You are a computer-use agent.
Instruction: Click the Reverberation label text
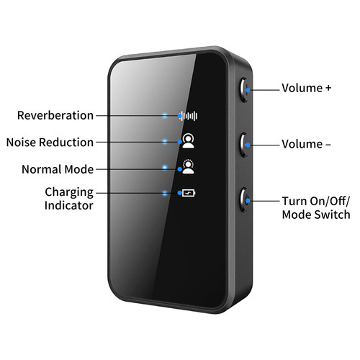[x=55, y=115]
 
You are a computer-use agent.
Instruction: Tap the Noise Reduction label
[x=50, y=143]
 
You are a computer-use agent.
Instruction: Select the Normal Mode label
[x=58, y=169]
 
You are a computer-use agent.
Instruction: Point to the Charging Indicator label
[x=69, y=199]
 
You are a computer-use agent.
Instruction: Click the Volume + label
[x=307, y=88]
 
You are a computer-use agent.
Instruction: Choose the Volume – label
[x=306, y=144]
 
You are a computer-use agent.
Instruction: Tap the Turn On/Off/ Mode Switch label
[x=316, y=208]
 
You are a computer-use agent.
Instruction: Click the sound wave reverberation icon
[x=189, y=116]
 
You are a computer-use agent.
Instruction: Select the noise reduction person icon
[x=188, y=141]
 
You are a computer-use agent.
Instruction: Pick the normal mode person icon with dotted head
[x=188, y=166]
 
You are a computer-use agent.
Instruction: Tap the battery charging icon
[x=189, y=193]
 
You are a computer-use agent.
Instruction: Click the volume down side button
[x=244, y=145]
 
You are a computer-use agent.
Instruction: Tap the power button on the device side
[x=244, y=199]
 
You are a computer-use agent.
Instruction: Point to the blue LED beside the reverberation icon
[x=165, y=116]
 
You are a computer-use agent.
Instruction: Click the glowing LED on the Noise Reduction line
[x=165, y=142]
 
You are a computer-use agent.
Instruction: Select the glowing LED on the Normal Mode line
[x=165, y=167]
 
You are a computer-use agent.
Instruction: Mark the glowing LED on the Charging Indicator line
[x=165, y=193]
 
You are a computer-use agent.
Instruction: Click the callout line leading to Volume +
[x=264, y=90]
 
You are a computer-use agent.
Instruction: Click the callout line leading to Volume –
[x=264, y=145]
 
